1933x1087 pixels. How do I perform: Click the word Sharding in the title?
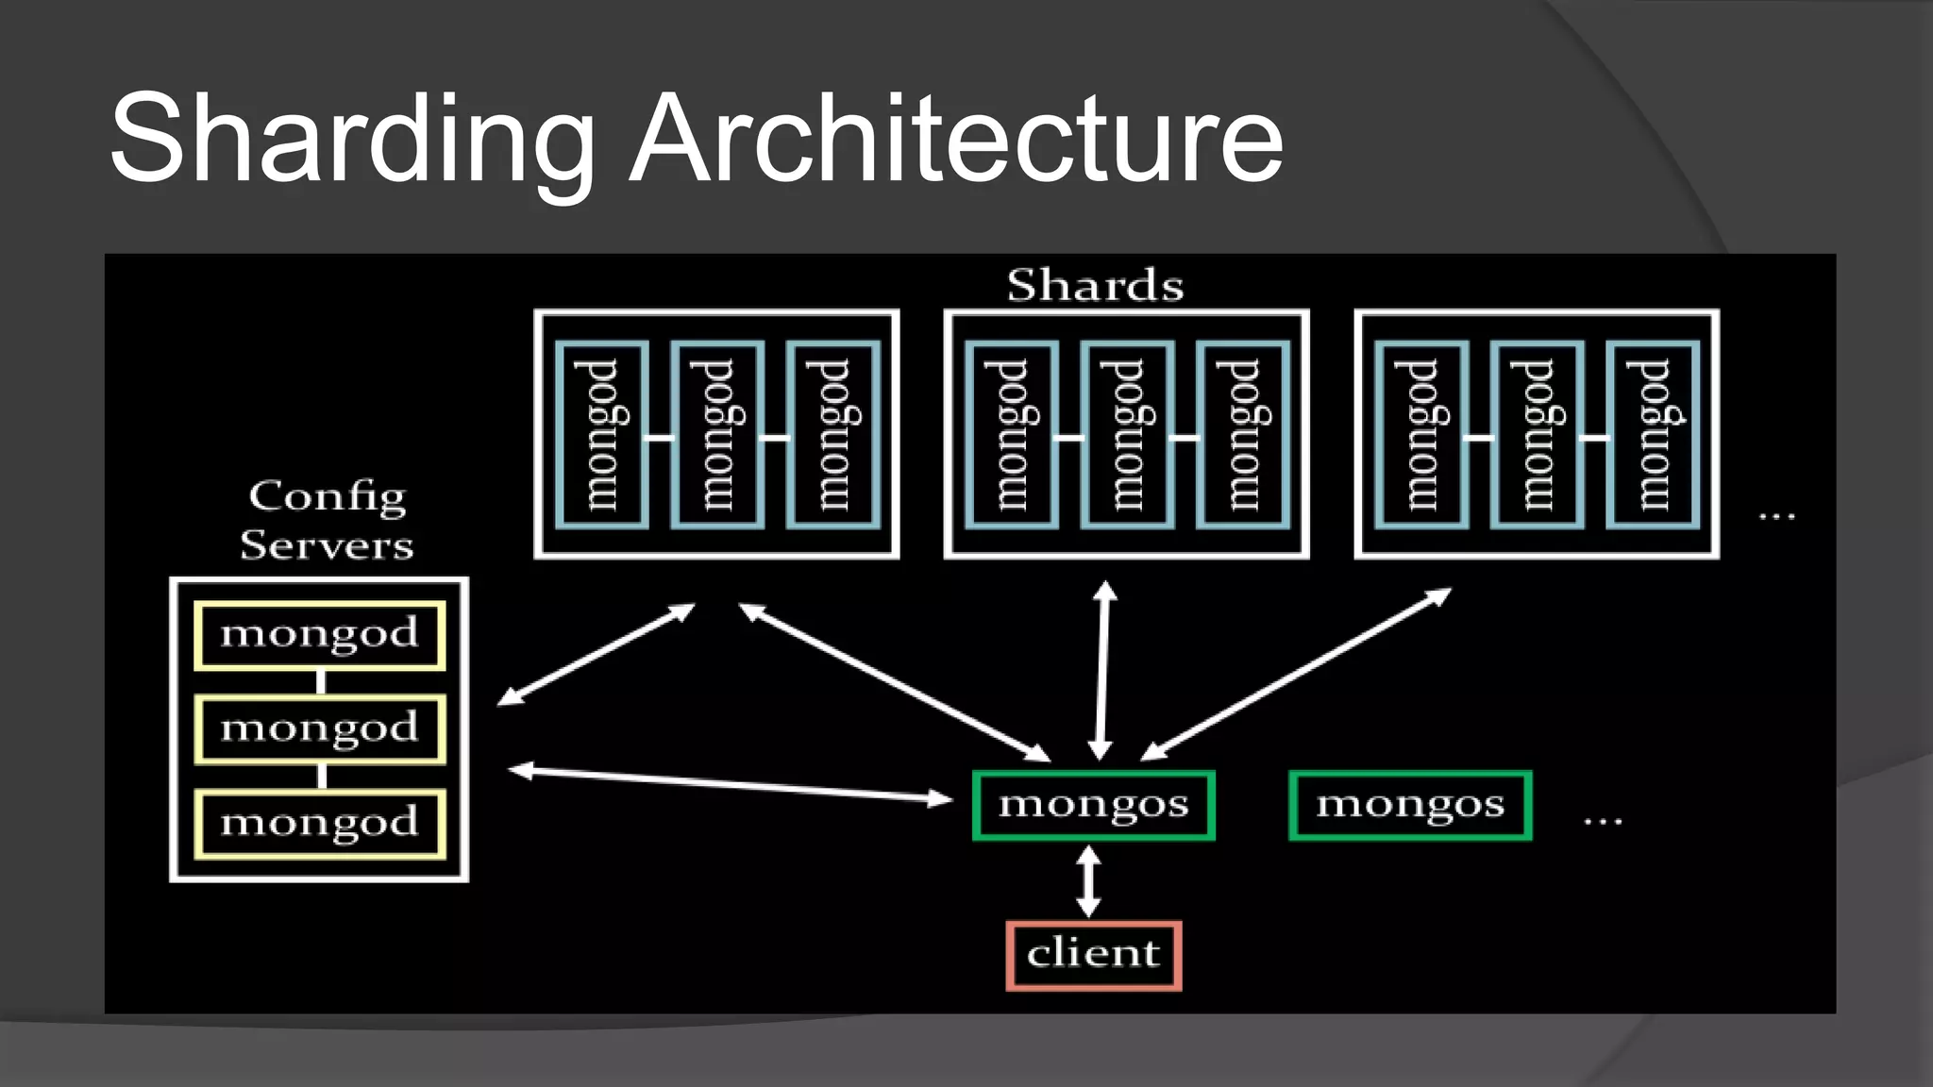click(x=351, y=140)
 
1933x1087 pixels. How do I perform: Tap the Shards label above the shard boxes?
click(x=1095, y=285)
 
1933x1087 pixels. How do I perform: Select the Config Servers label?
click(x=327, y=520)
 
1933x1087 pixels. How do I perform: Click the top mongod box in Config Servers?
click(x=320, y=635)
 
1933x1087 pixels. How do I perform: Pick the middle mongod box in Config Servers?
click(x=320, y=728)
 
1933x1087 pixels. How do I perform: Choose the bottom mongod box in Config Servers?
click(x=320, y=824)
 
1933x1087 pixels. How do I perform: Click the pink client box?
click(x=1094, y=955)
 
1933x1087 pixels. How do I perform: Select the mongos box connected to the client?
click(x=1094, y=805)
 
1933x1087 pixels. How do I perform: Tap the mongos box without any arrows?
click(x=1410, y=805)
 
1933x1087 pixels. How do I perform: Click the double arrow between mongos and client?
click(x=1088, y=880)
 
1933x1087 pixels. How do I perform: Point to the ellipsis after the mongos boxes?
click(x=1603, y=821)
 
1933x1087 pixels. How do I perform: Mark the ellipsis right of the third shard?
click(x=1776, y=516)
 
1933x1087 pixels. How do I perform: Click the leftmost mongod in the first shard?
click(x=601, y=435)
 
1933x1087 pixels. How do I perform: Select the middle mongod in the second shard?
click(x=1127, y=435)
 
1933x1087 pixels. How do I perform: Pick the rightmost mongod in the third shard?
click(x=1653, y=435)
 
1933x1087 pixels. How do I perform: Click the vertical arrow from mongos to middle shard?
click(x=1102, y=670)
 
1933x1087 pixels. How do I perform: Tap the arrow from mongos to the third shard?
click(x=1296, y=674)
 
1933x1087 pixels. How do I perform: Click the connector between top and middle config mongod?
click(x=321, y=681)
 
